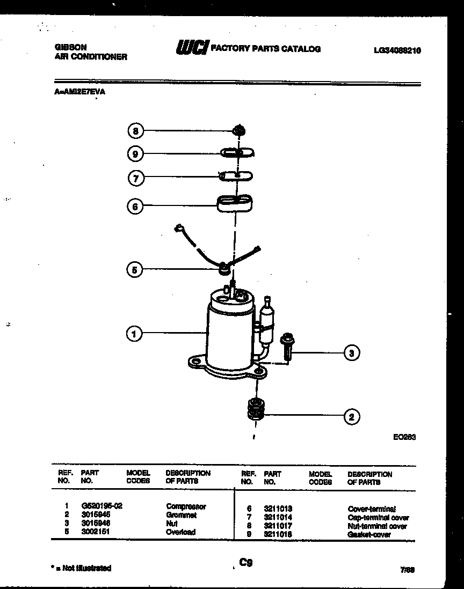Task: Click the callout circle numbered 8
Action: click(x=135, y=130)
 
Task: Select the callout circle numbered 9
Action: click(x=135, y=154)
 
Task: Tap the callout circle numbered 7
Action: click(x=135, y=178)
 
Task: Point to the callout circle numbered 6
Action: click(x=135, y=206)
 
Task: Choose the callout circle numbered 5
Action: click(x=134, y=270)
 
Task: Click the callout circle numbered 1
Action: click(x=134, y=334)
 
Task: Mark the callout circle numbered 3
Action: click(x=351, y=353)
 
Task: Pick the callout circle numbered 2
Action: click(x=351, y=416)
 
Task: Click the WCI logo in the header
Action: click(x=191, y=48)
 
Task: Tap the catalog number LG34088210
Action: click(x=397, y=50)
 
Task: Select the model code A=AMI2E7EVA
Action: click(x=80, y=92)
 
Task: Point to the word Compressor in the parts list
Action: click(x=186, y=506)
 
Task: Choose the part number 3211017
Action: click(x=278, y=526)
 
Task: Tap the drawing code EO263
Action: click(x=404, y=437)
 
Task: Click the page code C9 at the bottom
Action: click(x=245, y=562)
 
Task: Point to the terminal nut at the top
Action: click(x=240, y=130)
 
